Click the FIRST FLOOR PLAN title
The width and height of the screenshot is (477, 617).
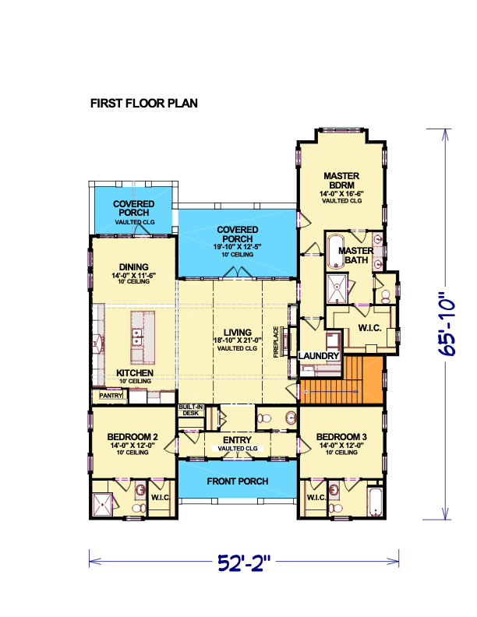tap(144, 103)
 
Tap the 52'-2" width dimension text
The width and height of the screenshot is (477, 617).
tap(245, 563)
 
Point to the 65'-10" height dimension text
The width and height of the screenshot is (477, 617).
tap(447, 323)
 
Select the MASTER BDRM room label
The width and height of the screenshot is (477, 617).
tap(341, 181)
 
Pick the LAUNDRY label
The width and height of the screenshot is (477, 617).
tap(319, 356)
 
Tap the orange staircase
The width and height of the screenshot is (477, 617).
tap(341, 379)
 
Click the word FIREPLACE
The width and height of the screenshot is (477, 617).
tap(276, 341)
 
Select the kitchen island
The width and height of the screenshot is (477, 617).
tap(143, 337)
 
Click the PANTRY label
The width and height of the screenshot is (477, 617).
tap(111, 395)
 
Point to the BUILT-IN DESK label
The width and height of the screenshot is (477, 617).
tap(191, 410)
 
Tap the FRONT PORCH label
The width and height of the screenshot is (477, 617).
tap(238, 481)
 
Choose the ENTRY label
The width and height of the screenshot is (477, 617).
tap(237, 440)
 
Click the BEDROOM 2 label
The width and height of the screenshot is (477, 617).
tap(132, 437)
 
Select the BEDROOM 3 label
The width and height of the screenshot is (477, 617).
tap(341, 437)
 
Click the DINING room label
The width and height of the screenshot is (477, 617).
tap(134, 266)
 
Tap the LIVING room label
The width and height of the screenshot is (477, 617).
tap(237, 333)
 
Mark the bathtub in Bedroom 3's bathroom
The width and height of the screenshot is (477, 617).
tap(374, 502)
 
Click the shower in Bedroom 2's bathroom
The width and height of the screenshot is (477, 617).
tap(103, 505)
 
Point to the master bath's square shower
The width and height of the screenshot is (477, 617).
tap(337, 289)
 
